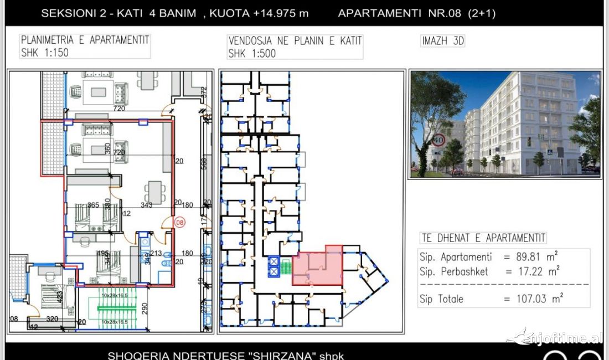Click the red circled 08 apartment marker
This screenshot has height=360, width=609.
click(179, 223)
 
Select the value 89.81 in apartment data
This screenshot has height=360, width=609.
click(533, 258)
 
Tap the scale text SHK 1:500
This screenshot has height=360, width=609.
click(252, 54)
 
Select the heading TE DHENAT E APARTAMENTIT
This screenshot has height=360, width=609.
click(483, 238)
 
